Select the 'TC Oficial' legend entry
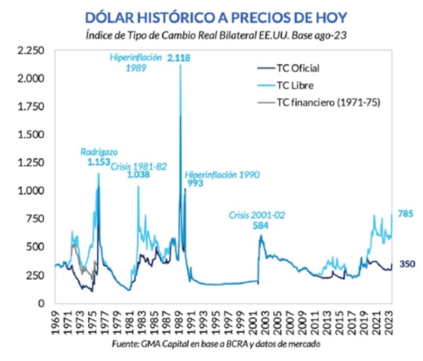[x=298, y=68]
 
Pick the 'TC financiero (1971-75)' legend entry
[x=327, y=101]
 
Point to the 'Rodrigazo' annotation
[x=99, y=151]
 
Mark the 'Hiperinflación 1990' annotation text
[x=222, y=175]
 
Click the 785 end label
[x=405, y=214]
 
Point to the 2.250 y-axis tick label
[x=31, y=51]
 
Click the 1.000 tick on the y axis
[x=31, y=191]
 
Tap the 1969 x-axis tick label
[x=55, y=320]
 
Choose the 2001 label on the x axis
[x=253, y=320]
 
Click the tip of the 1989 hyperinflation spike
[x=180, y=65]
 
